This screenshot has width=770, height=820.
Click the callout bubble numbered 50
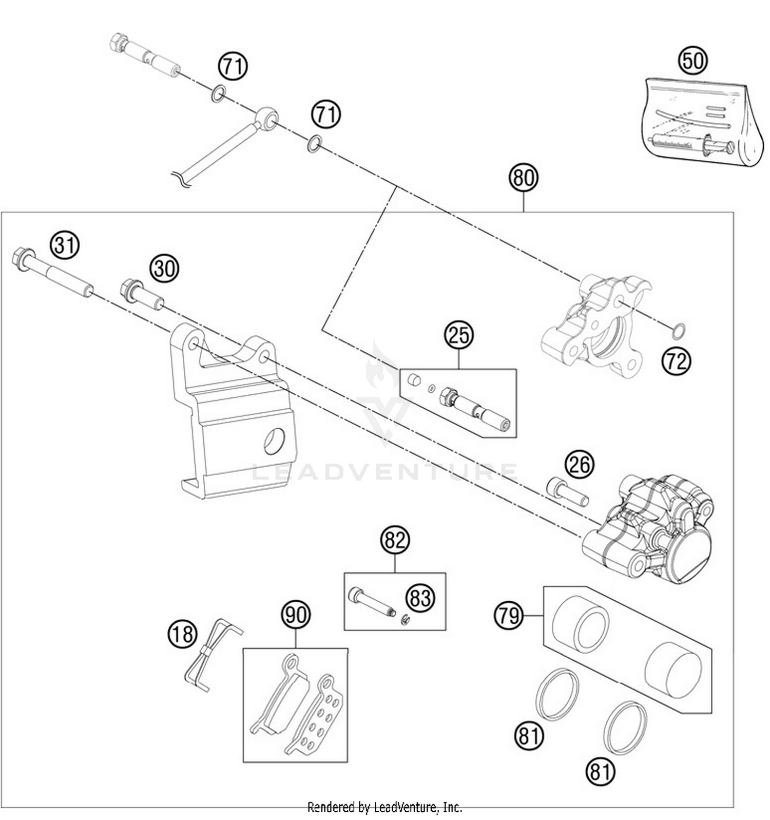click(x=693, y=61)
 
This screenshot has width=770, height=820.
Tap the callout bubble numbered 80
click(x=523, y=178)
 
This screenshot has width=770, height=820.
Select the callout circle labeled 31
click(x=65, y=245)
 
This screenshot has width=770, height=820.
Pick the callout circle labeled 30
click(x=164, y=269)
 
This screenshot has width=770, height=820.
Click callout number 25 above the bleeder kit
click(x=458, y=335)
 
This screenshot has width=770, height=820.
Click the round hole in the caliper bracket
click(x=274, y=441)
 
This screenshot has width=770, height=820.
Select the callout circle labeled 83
click(x=420, y=598)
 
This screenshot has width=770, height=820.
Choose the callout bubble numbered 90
click(x=296, y=615)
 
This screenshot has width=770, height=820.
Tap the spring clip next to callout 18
click(x=210, y=655)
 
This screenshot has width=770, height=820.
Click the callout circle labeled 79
click(x=509, y=615)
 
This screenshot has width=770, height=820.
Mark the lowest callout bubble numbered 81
click(x=600, y=772)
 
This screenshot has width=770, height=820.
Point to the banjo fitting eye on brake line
click(x=267, y=119)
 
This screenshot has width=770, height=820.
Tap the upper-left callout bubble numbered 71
click(x=233, y=66)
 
